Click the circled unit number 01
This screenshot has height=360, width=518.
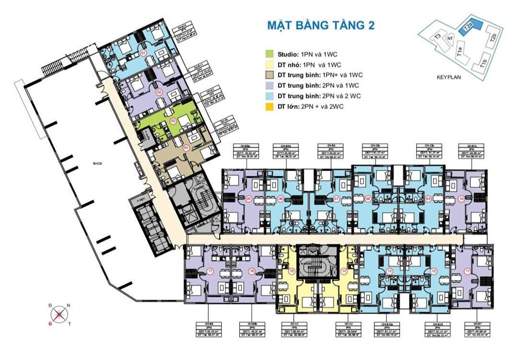pyautogui.click(x=144, y=53)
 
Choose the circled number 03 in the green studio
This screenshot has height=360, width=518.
pyautogui.click(x=173, y=121)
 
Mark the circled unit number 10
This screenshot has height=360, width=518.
pyautogui.click(x=461, y=199)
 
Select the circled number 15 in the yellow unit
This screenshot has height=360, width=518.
pyautogui.click(x=292, y=271)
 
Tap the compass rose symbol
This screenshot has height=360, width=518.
pyautogui.click(x=60, y=315)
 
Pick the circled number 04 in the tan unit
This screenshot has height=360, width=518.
pyautogui.click(x=186, y=148)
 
